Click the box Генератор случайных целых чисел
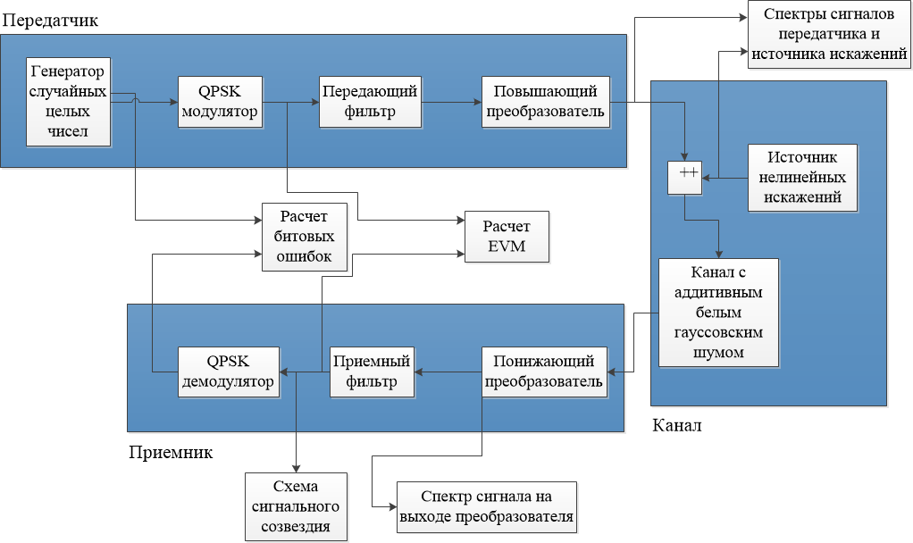68,102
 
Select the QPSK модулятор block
221,102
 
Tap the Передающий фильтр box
370,102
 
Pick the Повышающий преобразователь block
546,102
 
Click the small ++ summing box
686,179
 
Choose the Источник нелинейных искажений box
801,177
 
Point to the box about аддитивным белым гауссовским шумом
718,313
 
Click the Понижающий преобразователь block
545,372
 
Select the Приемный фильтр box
372,372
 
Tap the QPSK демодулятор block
228,372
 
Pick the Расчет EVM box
506,237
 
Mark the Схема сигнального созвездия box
296,506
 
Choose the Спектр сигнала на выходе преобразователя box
487,506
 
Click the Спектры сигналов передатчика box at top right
830,36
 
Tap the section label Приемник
171,452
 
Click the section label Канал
677,425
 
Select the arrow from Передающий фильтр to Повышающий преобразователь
451,102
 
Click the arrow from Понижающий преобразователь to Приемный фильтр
452,372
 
